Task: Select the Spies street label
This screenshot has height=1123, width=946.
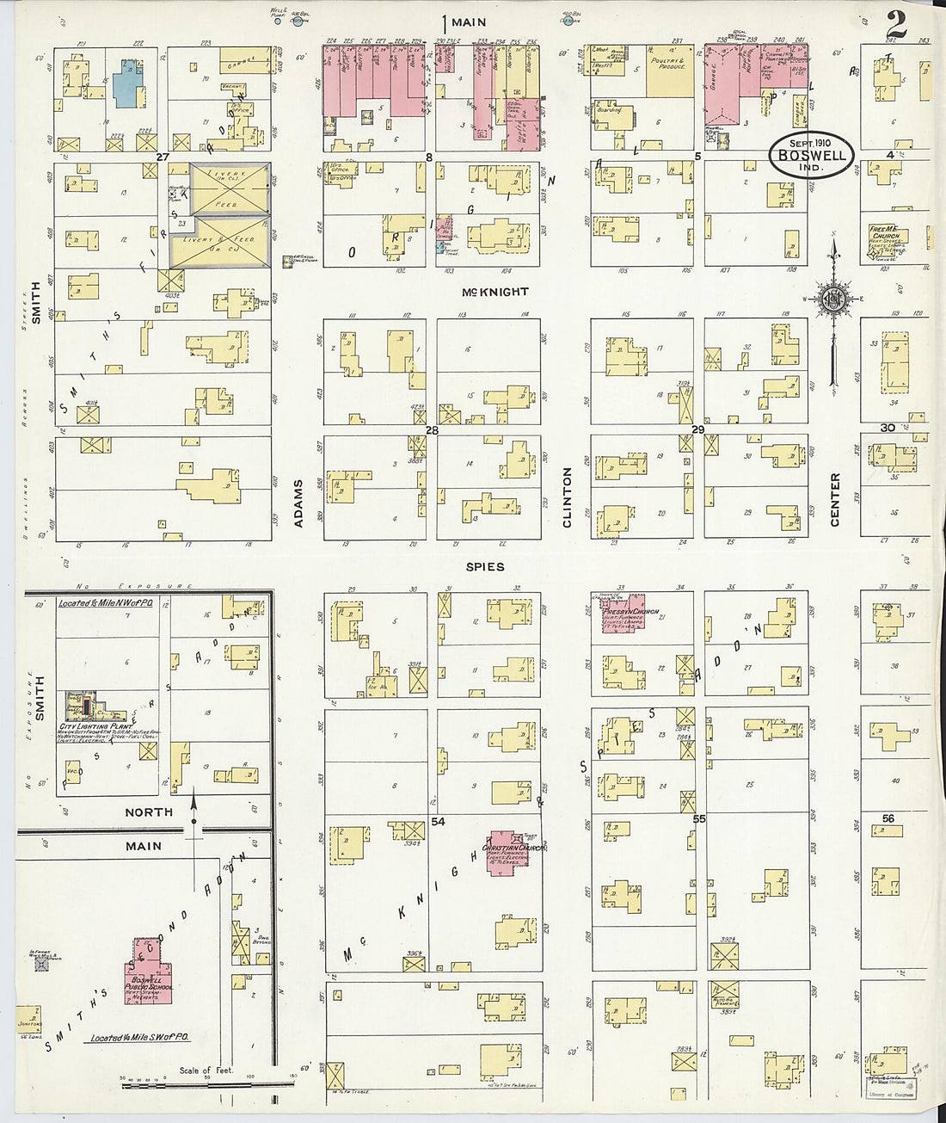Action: coord(485,567)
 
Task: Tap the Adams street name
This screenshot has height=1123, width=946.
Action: coord(299,503)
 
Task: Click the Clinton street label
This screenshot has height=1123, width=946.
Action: coord(567,497)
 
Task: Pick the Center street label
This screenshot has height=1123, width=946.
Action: coord(835,499)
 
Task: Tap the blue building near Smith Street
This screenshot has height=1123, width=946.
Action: coord(128,83)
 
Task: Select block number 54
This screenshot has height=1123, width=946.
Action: coord(439,822)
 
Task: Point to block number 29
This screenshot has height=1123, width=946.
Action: coord(697,429)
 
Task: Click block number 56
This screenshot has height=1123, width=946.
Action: coord(888,818)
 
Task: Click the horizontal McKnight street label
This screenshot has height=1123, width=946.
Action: coord(494,292)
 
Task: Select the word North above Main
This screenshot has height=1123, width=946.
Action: coord(149,812)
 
